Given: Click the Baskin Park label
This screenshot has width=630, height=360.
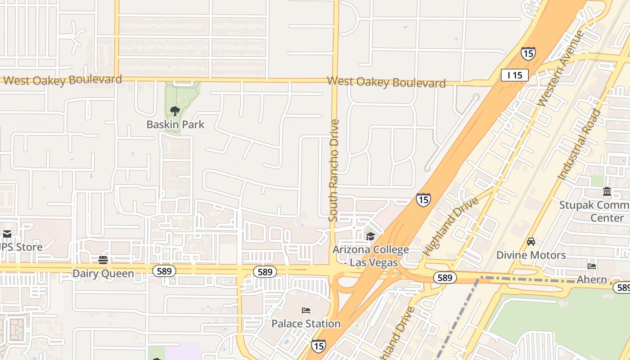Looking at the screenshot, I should point(175,125).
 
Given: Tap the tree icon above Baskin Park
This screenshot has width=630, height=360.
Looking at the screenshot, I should point(175,111).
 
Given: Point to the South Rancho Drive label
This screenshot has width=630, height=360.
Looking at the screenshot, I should point(333,170).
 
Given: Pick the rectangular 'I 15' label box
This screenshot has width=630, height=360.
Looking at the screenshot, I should point(514,75).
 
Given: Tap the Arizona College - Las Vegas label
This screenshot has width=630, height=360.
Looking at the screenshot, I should point(371,256).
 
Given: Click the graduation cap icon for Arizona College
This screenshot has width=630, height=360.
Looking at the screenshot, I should point(370,236).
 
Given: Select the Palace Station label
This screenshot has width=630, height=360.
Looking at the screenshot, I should point(306,324).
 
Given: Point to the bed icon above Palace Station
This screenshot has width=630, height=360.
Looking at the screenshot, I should point(306,310).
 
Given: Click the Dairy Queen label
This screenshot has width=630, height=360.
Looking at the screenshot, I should point(103,274).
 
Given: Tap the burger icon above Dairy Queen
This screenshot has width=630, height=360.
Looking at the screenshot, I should point(103,260).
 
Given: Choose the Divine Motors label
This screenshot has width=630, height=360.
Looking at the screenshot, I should point(531,255).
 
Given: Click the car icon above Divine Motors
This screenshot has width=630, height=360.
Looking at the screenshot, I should point(531,242).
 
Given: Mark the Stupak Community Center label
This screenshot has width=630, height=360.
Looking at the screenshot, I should point(594,211).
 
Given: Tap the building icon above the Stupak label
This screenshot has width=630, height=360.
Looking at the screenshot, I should point(607,192).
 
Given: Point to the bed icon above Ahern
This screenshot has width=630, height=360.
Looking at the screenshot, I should point(592,266).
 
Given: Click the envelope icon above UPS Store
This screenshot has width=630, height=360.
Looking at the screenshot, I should point(7,234).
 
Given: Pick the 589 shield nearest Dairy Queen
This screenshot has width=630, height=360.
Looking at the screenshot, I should point(164,271).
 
